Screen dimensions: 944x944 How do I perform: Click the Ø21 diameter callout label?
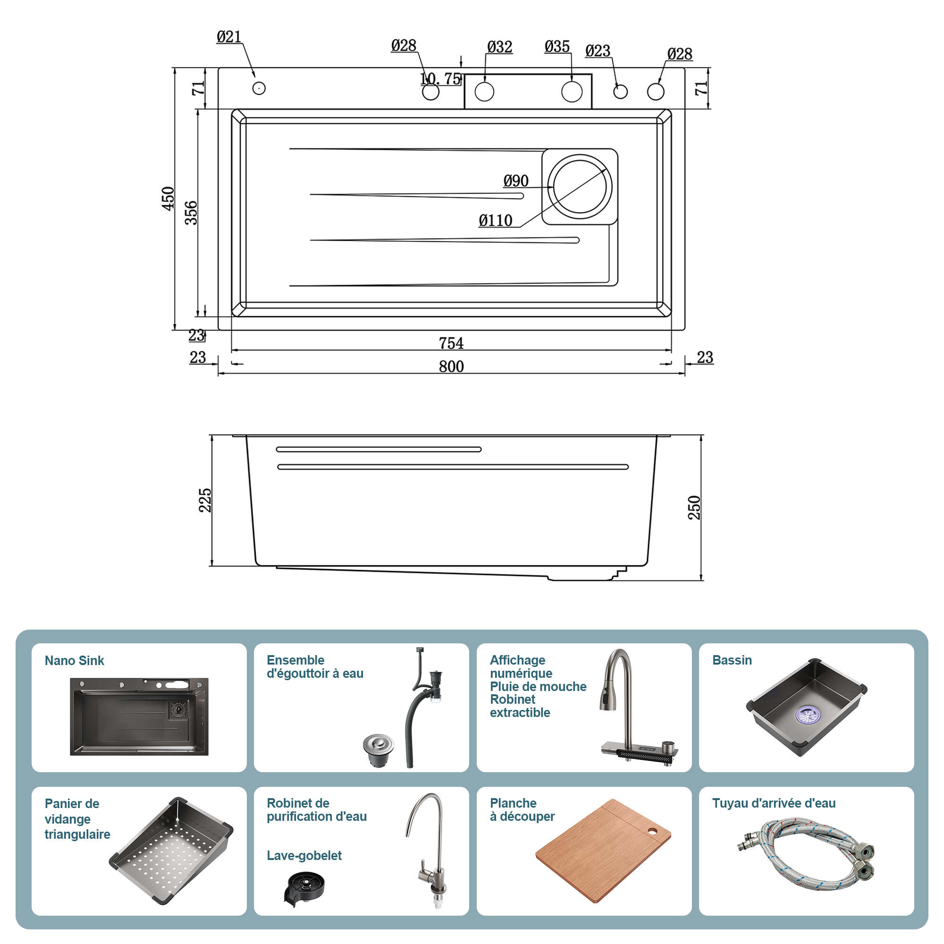(228, 37)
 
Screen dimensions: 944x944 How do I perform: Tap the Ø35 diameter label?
(557, 47)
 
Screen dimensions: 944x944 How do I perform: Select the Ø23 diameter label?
(598, 51)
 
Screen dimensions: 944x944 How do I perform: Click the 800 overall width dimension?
(451, 366)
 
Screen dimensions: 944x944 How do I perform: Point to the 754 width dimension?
(451, 343)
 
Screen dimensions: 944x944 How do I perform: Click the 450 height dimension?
(168, 198)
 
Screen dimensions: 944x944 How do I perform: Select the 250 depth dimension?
(694, 507)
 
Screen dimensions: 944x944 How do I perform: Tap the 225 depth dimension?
(205, 500)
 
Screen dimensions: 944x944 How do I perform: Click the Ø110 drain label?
(496, 221)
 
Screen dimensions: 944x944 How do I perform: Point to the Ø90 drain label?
(516, 181)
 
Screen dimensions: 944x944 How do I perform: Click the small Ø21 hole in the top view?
(259, 88)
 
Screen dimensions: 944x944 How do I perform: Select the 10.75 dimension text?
(440, 79)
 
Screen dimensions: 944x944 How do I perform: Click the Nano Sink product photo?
(139, 716)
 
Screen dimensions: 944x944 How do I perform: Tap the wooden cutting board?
(603, 850)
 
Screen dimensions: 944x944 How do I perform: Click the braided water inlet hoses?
(806, 852)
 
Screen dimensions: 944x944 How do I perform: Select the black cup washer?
(303, 888)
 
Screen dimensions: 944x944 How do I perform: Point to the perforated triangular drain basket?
(171, 850)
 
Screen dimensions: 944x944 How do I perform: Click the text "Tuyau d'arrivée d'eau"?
(774, 803)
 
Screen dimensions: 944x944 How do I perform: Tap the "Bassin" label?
(732, 660)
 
